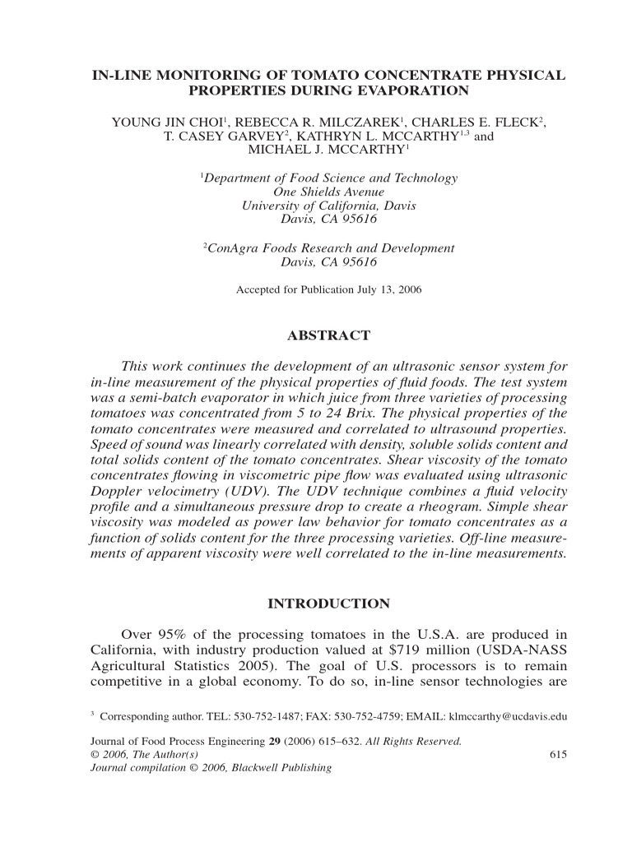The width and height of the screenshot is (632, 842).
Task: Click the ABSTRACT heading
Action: pyautogui.click(x=329, y=335)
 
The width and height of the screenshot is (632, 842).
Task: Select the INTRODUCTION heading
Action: pyautogui.click(x=329, y=604)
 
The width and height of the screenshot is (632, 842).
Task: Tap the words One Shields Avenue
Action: pyautogui.click(x=329, y=192)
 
